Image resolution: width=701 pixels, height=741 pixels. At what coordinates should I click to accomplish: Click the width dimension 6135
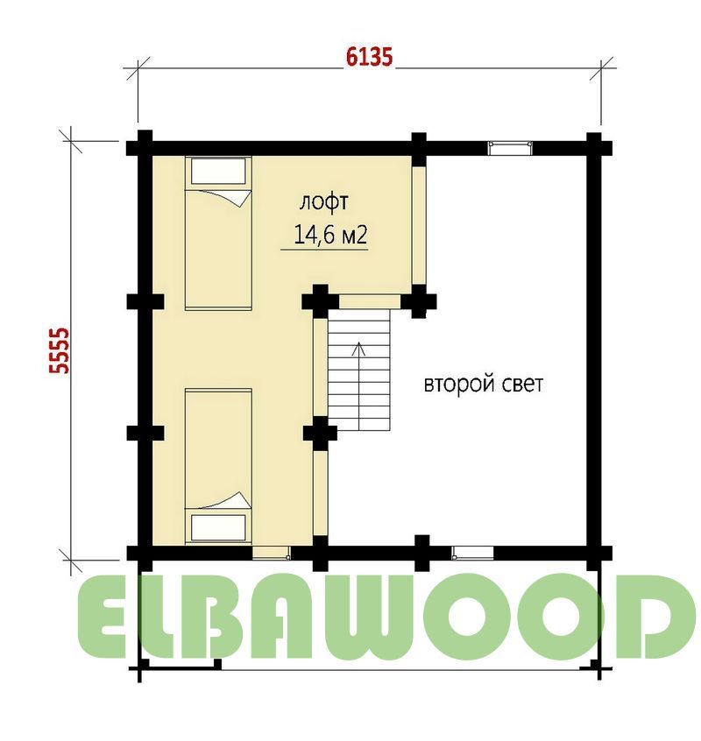coord(369,57)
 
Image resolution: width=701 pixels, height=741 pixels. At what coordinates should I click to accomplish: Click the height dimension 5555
coord(60,350)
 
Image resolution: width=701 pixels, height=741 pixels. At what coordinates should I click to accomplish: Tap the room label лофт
coord(324,202)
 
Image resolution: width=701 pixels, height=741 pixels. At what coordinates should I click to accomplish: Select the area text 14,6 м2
coord(330,234)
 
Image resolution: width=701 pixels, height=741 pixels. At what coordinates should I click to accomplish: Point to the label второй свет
coord(483,384)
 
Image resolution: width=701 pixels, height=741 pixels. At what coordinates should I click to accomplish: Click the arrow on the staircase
coord(359,385)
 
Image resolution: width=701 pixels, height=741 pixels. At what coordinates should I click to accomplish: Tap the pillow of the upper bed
coord(218,171)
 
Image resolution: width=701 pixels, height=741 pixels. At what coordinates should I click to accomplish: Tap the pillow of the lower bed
coord(218,527)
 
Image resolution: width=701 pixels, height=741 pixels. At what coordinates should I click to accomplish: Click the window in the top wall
coord(510,148)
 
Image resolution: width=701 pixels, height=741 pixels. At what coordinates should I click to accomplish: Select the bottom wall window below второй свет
coord(472,553)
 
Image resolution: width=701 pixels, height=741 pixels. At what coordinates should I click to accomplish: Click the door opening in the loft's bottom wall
coord(271,553)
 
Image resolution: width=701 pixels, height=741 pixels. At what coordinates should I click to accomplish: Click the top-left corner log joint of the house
coord(145,148)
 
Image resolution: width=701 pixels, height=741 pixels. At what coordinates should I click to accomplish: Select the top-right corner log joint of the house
coord(594,148)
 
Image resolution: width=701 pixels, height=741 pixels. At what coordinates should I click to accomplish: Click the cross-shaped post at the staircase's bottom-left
coord(320,433)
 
